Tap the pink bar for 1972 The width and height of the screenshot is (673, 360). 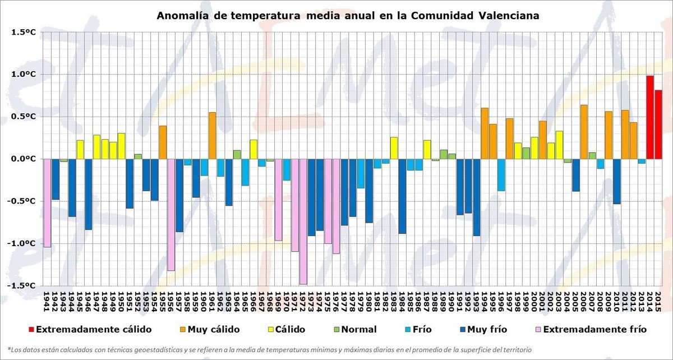[x=303, y=221]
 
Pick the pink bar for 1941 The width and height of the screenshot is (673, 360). [x=47, y=203]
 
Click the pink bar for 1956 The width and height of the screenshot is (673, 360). [x=170, y=215]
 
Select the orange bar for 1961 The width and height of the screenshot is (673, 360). [x=212, y=136]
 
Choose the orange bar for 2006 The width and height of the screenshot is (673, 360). [x=584, y=132]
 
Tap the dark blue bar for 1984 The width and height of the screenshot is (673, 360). [x=402, y=196]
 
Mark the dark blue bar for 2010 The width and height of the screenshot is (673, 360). [x=617, y=181]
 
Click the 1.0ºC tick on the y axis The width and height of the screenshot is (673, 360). [x=24, y=75]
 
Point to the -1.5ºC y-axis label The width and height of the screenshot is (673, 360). [x=23, y=285]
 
